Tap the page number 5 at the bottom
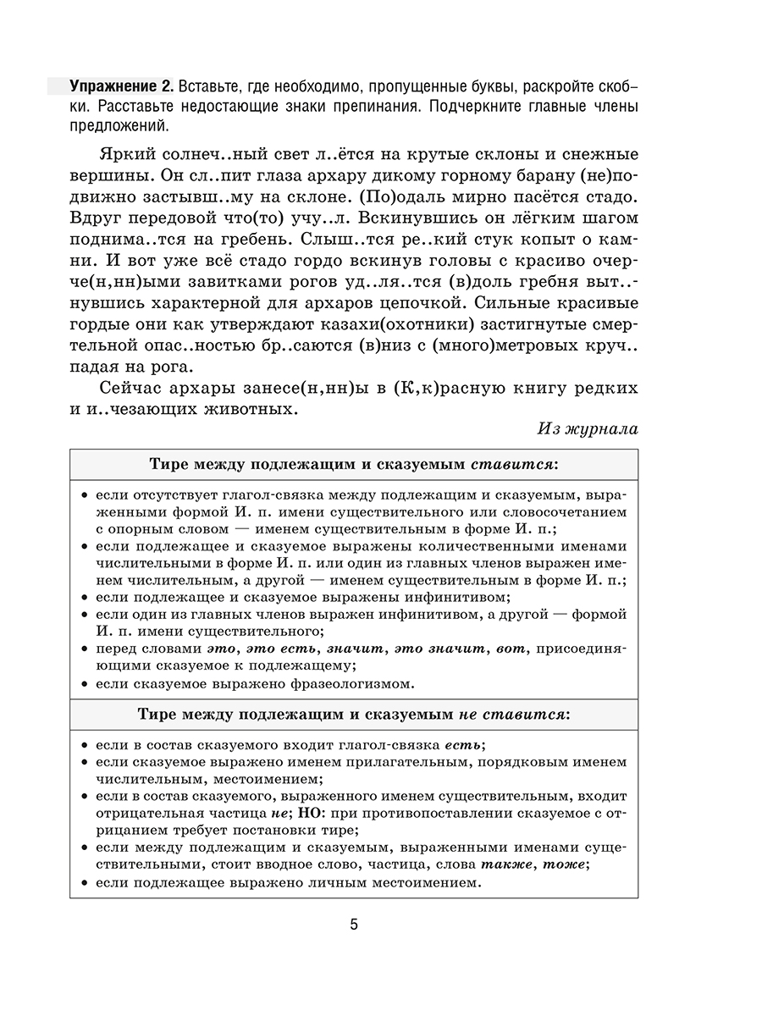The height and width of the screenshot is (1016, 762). pos(355,923)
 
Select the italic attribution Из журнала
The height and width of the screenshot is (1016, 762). pos(588,428)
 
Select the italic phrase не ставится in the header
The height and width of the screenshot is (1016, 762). pos(514,715)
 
